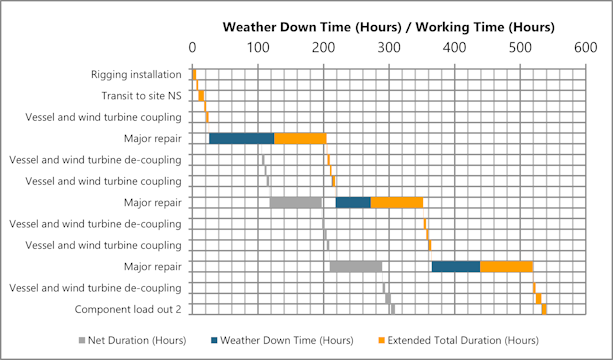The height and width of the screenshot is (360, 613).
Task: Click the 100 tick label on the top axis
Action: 258,47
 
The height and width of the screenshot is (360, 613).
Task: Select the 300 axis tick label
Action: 389,47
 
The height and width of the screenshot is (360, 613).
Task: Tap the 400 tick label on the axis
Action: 454,47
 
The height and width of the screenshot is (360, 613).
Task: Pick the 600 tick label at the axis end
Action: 585,47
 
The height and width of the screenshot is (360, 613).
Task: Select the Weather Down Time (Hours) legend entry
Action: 291,340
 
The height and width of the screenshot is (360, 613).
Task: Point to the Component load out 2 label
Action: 128,309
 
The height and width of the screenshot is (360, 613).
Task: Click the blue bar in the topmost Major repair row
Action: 241,138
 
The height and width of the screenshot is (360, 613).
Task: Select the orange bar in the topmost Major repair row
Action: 300,138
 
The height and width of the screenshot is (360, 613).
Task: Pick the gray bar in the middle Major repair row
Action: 295,202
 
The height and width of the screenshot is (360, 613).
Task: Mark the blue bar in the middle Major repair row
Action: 353,202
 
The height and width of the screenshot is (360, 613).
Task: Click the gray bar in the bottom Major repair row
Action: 355,266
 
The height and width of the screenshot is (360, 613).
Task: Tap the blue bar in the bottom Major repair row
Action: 455,266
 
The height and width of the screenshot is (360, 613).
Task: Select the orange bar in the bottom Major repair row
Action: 506,266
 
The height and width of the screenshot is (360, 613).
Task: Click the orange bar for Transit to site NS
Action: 201,96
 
